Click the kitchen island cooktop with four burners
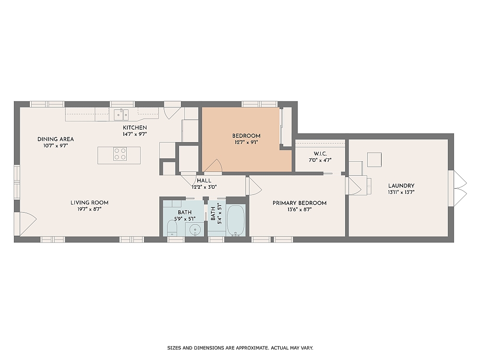tap(120, 154)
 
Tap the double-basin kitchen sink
tap(121, 114)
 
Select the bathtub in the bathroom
tap(236, 220)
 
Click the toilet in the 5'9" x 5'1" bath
tap(172, 228)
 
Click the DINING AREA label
tap(56, 139)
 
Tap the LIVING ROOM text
tap(90, 203)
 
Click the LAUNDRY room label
tap(401, 186)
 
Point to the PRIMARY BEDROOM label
tap(300, 203)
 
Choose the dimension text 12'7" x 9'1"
tap(246, 142)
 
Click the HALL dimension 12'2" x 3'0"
tap(204, 187)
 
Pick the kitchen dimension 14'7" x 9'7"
tap(134, 134)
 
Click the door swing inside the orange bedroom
tap(213, 166)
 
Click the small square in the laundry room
tap(374, 159)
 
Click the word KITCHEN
tap(134, 128)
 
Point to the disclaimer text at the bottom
tap(240, 348)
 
